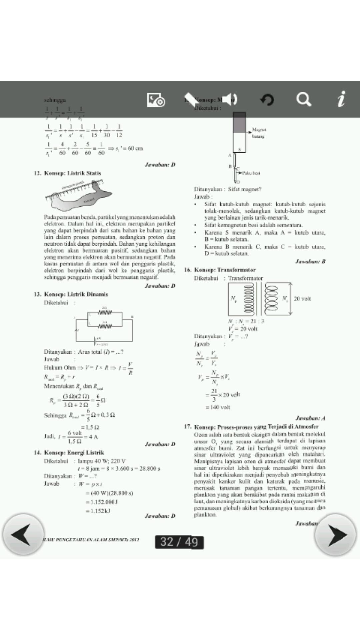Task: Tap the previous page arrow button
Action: point(23,534)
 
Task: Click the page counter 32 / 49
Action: point(179,542)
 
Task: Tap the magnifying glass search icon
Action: point(304,99)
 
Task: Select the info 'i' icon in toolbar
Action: point(341,99)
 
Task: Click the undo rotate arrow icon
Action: point(267,99)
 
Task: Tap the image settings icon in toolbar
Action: point(156,99)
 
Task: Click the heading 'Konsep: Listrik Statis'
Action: point(72,173)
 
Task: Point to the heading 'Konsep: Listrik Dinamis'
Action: point(76,294)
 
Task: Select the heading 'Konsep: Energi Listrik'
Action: point(74,452)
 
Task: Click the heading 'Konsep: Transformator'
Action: point(225,270)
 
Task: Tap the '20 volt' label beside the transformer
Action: point(302,298)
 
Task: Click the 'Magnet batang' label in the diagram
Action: point(259,133)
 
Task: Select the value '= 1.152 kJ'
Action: point(98,510)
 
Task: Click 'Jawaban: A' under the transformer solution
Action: point(310,418)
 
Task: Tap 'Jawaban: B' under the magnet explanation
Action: point(310,261)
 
